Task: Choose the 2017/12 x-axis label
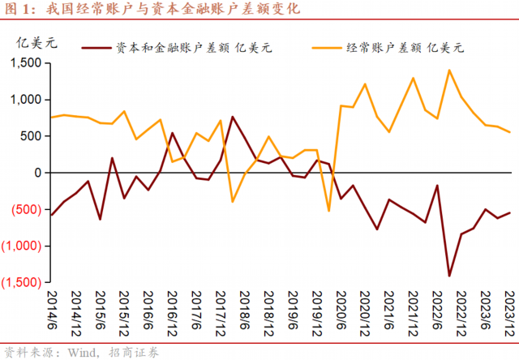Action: pos(221,312)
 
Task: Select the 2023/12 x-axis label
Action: pos(510,312)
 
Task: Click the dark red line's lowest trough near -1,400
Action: pos(449,276)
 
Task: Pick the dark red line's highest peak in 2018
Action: pos(233,117)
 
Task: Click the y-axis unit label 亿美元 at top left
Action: pos(33,42)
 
